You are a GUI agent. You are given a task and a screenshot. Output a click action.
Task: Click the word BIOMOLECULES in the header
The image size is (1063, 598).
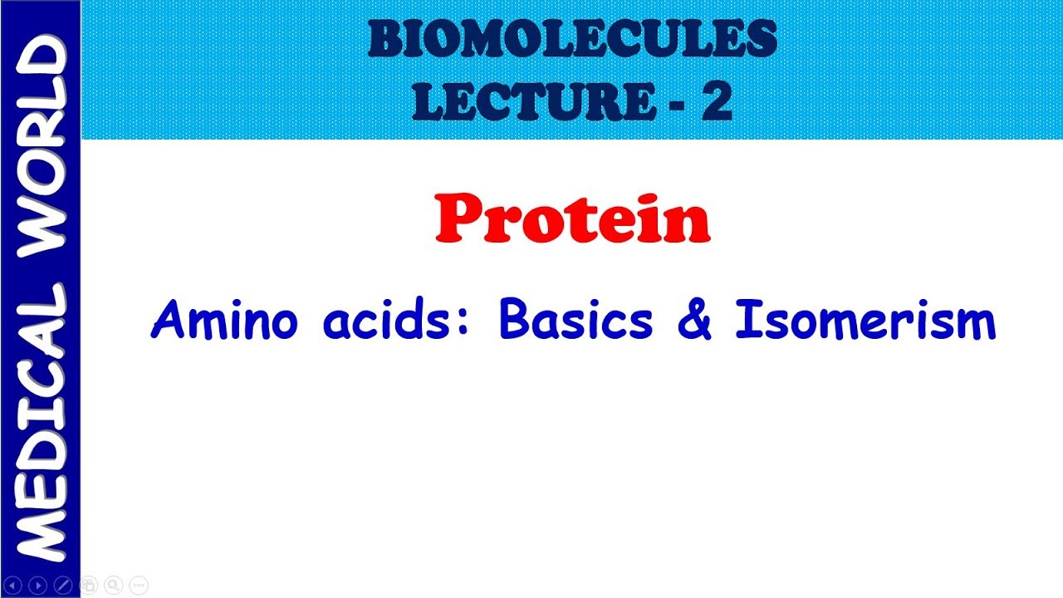pyautogui.click(x=572, y=39)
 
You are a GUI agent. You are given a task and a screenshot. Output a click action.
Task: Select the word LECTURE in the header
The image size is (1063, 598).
pyautogui.click(x=532, y=101)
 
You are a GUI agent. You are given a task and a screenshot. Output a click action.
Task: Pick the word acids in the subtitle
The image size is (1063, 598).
pyautogui.click(x=391, y=321)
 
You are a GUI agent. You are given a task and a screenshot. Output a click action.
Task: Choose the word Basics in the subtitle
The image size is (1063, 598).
pyautogui.click(x=576, y=321)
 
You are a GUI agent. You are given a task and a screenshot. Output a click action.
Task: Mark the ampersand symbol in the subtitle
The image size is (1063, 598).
pyautogui.click(x=694, y=322)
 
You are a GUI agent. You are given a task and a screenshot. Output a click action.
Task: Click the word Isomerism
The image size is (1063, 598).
pyautogui.click(x=865, y=321)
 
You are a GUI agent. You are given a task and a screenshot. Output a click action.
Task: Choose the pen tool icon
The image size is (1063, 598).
pyautogui.click(x=62, y=586)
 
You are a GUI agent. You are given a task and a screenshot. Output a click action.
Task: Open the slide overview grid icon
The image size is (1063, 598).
pyautogui.click(x=89, y=586)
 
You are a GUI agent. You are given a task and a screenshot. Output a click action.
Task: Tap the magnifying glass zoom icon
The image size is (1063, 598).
pyautogui.click(x=114, y=586)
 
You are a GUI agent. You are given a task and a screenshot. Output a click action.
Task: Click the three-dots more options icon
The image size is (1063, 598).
pyautogui.click(x=139, y=586)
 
